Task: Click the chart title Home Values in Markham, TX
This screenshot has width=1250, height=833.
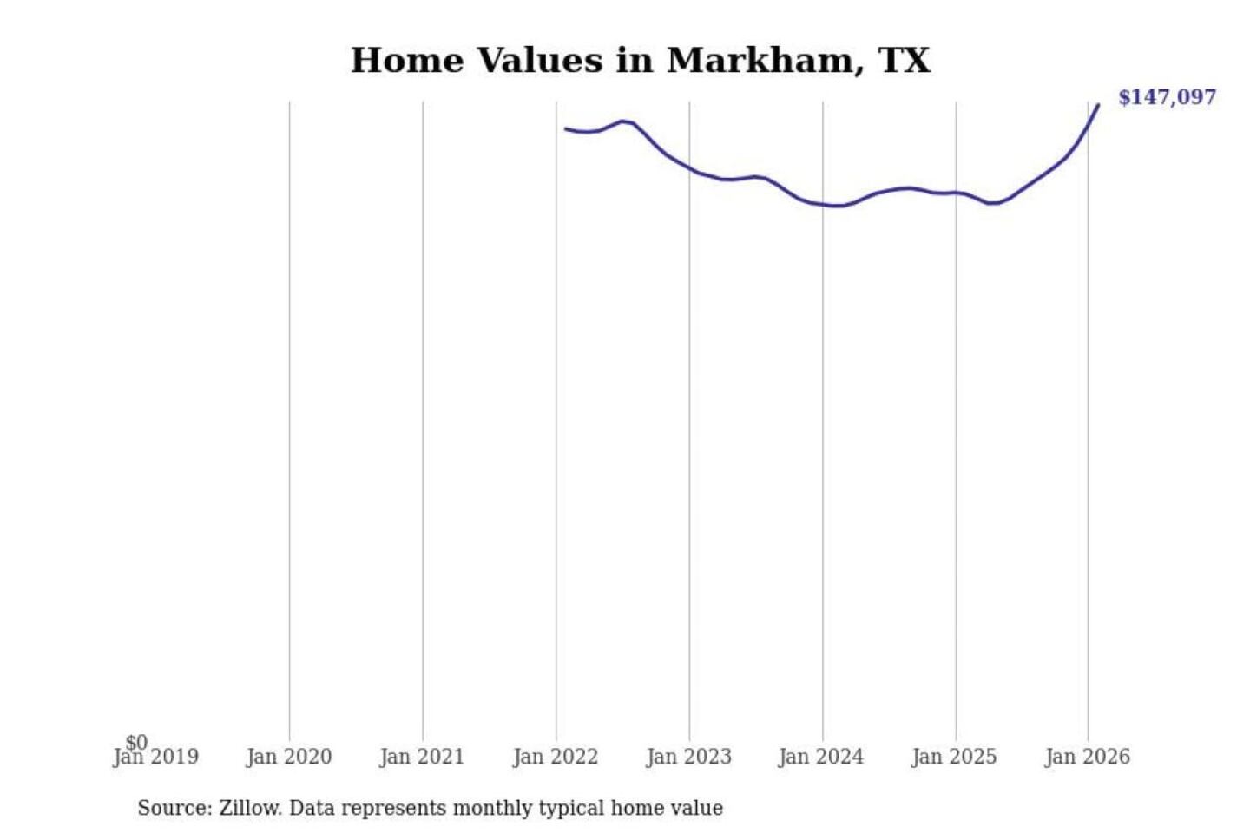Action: [x=640, y=61]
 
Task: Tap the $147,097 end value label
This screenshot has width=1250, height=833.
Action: [x=1167, y=97]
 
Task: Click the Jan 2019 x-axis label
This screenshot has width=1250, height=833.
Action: [x=156, y=758]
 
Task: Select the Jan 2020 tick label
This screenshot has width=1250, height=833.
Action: [x=289, y=758]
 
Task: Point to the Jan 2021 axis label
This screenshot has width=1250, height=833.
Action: [x=422, y=758]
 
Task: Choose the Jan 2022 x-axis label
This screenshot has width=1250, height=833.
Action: [x=556, y=758]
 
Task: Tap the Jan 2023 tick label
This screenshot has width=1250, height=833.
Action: [x=689, y=758]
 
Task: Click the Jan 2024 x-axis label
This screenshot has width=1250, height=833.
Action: [x=821, y=758]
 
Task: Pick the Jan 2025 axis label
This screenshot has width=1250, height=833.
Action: [x=955, y=758]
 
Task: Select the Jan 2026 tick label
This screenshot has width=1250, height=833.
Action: [x=1088, y=758]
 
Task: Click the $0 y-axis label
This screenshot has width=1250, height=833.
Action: [x=136, y=742]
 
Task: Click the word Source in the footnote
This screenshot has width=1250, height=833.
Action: [x=173, y=809]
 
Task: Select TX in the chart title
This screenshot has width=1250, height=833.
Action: [x=905, y=61]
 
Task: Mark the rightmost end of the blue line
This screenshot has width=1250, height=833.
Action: [x=1098, y=105]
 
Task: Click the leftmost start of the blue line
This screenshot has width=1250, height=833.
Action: [x=566, y=129]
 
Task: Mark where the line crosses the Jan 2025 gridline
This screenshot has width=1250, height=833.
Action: [x=957, y=193]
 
